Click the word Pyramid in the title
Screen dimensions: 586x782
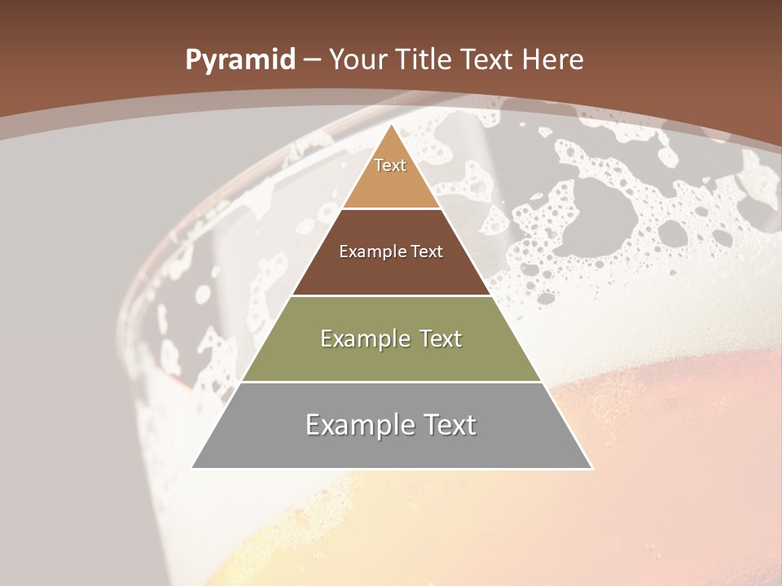click(x=239, y=60)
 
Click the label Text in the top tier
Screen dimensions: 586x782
click(x=390, y=165)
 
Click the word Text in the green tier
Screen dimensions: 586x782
click(x=437, y=339)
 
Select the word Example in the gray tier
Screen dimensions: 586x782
click(x=358, y=425)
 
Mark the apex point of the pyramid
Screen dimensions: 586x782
click(x=392, y=125)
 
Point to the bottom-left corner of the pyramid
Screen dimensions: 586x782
click(x=192, y=468)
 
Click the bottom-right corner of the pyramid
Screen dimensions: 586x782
click(x=591, y=468)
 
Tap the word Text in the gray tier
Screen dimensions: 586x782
click(x=448, y=425)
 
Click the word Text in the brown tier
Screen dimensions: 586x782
click(x=427, y=251)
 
